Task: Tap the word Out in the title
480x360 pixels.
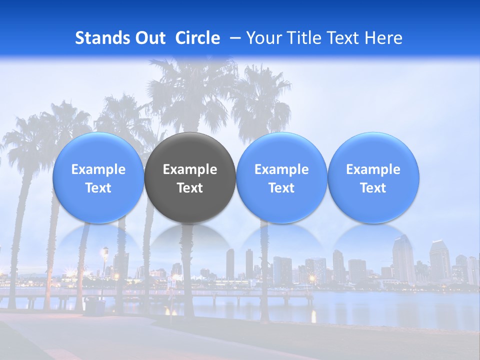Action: click(x=148, y=38)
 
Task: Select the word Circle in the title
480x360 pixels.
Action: click(x=197, y=38)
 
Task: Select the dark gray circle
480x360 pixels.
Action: click(x=190, y=178)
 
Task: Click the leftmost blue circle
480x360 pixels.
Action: click(x=98, y=178)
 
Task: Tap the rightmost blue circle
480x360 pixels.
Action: click(x=373, y=178)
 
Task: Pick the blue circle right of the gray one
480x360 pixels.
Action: click(x=281, y=178)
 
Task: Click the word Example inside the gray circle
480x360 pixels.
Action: click(x=190, y=169)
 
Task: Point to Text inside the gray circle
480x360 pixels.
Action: click(x=190, y=188)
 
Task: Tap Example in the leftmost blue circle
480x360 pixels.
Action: click(x=98, y=169)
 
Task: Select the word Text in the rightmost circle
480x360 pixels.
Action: click(x=373, y=188)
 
